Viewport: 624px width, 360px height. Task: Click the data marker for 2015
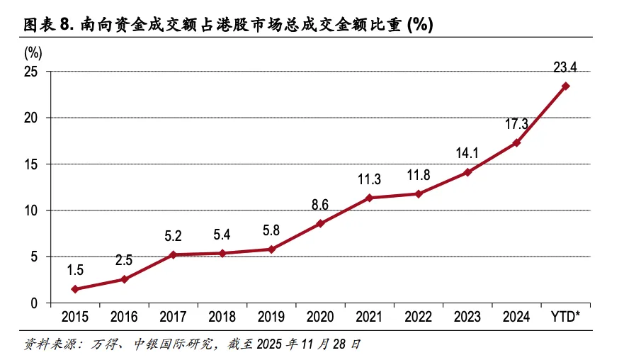click(75, 289)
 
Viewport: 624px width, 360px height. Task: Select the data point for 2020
click(321, 223)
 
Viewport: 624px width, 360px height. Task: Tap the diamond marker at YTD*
click(566, 86)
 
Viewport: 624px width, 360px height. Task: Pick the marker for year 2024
click(517, 142)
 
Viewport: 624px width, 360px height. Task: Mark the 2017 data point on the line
click(174, 254)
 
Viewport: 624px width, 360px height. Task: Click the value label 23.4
click(565, 68)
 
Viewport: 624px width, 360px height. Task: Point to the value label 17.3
click(517, 124)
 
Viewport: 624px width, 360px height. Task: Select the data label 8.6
click(320, 205)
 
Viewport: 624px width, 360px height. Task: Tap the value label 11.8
click(419, 175)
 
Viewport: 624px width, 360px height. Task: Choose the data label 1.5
click(75, 270)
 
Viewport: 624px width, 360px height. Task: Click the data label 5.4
click(222, 235)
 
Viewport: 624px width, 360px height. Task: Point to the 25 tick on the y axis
click(31, 71)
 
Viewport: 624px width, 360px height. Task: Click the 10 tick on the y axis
click(31, 210)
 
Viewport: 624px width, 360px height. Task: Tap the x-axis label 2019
click(271, 317)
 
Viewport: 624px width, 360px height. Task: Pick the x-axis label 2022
click(419, 317)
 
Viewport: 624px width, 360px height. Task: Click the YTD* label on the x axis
click(566, 317)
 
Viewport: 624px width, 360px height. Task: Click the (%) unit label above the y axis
click(33, 52)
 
